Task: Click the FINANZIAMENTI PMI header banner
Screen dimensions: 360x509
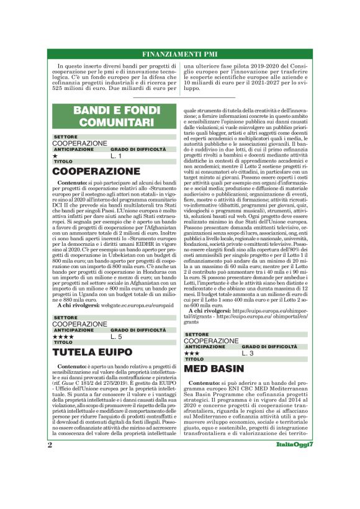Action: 180,55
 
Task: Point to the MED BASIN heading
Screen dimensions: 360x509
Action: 214,368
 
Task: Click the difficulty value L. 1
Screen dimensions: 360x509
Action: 116,156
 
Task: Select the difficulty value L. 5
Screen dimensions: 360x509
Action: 116,336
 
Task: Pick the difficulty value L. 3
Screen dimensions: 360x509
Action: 247,353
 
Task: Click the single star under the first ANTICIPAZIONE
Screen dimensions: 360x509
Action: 55,156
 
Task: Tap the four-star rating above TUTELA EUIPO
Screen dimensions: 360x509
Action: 63,336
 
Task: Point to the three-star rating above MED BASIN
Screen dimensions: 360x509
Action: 192,353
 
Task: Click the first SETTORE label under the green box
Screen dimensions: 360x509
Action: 66,137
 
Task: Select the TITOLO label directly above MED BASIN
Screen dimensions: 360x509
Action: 194,359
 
